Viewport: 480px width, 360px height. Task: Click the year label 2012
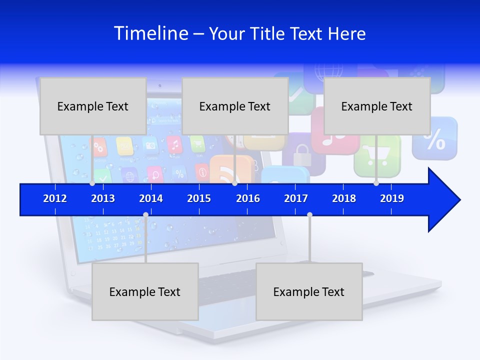tap(55, 198)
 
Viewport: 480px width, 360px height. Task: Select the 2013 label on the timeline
tap(103, 198)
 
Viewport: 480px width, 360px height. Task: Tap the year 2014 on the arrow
tap(151, 198)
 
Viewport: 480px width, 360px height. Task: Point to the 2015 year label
tap(199, 198)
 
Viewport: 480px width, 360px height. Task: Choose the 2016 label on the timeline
tap(248, 198)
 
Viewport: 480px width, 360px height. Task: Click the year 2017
tap(296, 198)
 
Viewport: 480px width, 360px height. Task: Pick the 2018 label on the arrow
tap(344, 198)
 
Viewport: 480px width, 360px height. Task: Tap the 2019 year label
tap(392, 198)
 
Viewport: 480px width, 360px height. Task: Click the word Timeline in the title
tap(151, 33)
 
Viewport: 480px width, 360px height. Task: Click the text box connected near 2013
tap(93, 106)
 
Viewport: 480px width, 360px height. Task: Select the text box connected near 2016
tap(235, 106)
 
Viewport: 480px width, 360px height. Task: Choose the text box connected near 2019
tap(377, 106)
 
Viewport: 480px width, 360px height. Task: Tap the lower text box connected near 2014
tap(145, 291)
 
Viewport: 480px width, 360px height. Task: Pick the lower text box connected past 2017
tap(309, 291)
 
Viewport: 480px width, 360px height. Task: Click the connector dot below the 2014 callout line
tap(145, 215)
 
